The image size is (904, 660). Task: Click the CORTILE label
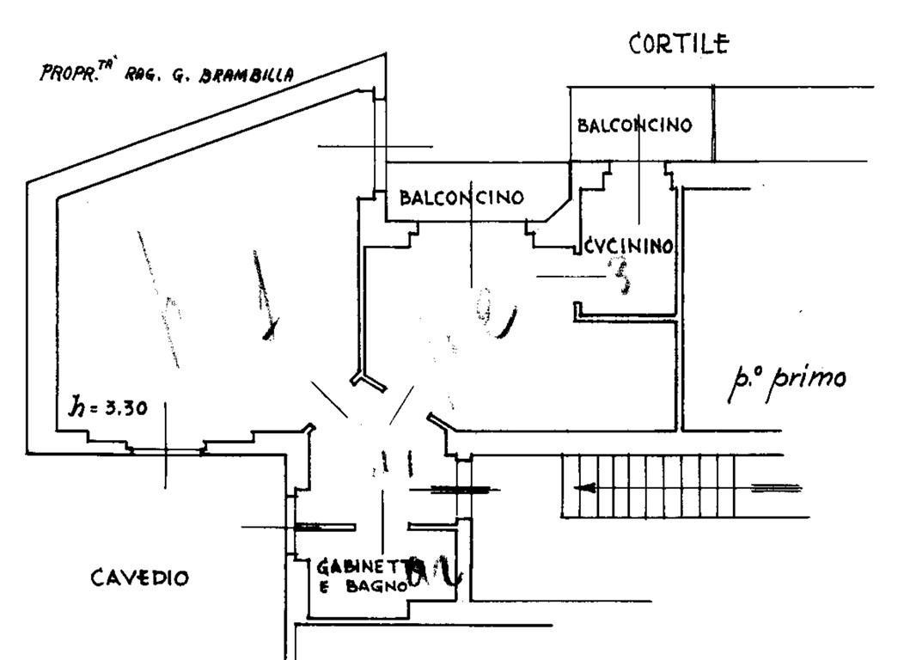(679, 44)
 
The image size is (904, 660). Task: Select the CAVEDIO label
(139, 578)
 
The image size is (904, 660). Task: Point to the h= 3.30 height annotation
(107, 408)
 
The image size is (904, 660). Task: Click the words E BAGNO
(361, 587)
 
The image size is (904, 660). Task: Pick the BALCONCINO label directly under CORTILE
(635, 125)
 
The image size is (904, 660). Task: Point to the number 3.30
(125, 409)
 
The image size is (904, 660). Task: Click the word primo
(807, 379)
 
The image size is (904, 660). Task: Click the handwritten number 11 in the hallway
(394, 465)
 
